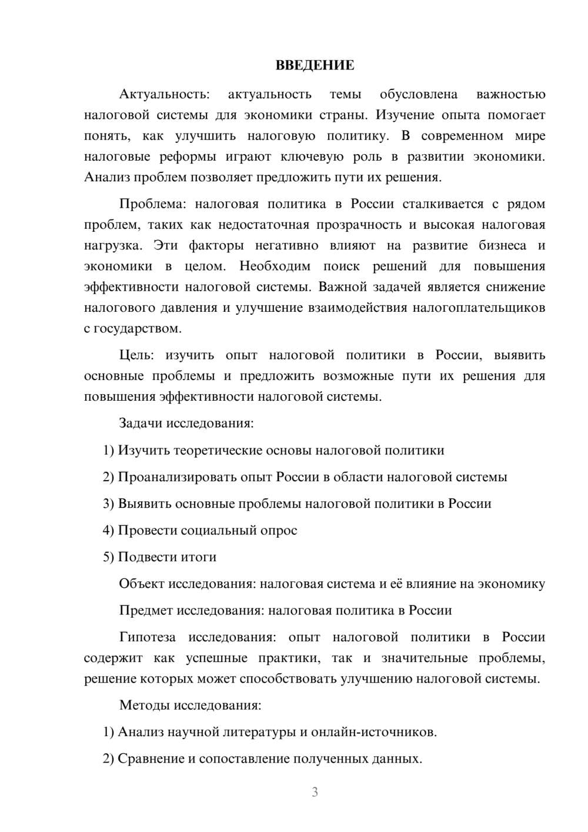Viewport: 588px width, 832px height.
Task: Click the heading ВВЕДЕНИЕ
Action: pyautogui.click(x=315, y=65)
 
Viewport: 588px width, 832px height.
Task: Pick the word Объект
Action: pyautogui.click(x=142, y=584)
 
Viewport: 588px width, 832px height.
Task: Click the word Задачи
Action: pyautogui.click(x=141, y=423)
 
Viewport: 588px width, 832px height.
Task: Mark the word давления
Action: pyautogui.click(x=189, y=308)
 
